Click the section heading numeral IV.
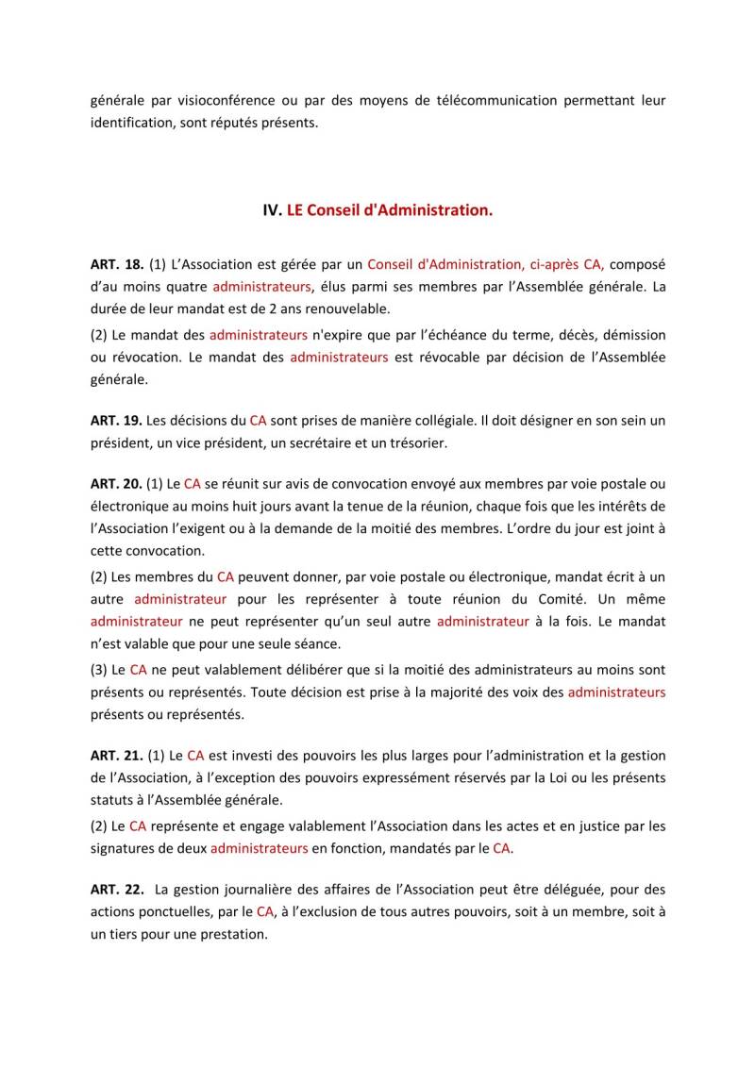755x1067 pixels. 272,210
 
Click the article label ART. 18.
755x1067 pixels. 116,265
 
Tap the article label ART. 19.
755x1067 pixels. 116,419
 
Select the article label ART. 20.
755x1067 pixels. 116,484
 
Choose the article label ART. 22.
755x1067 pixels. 116,889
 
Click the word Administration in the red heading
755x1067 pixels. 432,210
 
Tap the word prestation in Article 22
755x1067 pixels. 235,935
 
